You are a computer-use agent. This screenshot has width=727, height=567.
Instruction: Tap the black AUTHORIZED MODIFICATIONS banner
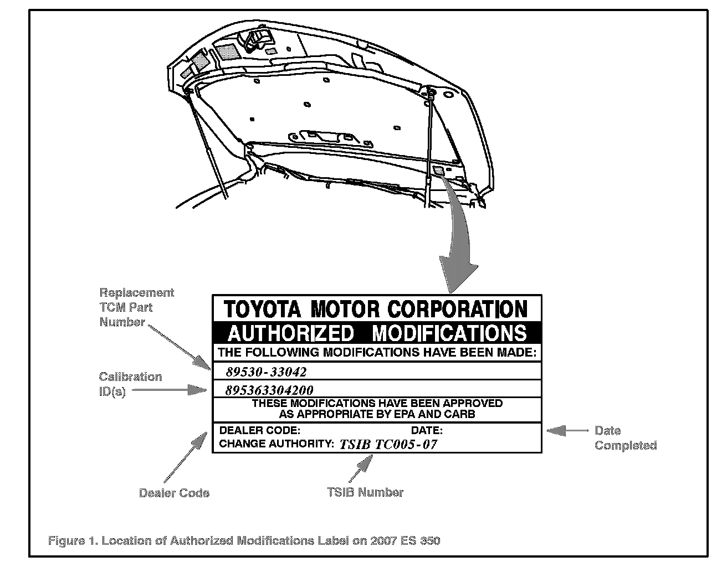(377, 333)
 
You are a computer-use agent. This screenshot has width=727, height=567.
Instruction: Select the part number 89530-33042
(266, 372)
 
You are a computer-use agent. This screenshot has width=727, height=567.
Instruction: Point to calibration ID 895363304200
(269, 390)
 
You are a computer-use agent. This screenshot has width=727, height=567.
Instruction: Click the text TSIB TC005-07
(388, 444)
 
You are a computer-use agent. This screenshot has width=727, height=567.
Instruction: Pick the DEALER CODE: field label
(260, 430)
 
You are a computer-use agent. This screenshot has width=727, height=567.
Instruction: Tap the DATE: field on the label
(427, 430)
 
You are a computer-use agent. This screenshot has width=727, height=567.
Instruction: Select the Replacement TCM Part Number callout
(136, 307)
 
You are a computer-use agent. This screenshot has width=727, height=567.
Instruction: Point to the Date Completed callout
(626, 437)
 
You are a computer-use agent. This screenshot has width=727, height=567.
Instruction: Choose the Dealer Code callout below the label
(174, 493)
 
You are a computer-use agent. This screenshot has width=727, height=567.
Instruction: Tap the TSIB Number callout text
(365, 492)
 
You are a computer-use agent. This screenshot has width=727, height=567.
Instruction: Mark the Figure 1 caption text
(244, 540)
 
